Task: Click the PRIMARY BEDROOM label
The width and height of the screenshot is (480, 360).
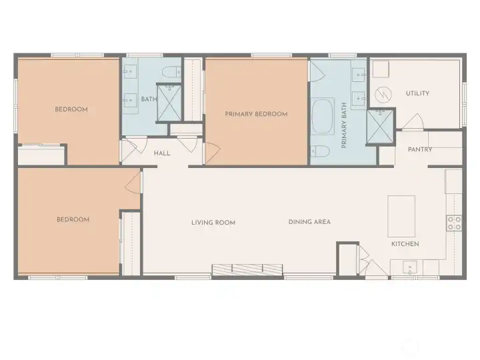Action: (256, 114)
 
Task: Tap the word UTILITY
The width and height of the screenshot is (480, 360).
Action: (417, 93)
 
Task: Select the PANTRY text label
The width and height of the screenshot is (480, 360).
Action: (420, 149)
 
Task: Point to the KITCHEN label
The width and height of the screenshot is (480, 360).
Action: (405, 244)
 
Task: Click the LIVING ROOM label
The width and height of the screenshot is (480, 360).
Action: (213, 223)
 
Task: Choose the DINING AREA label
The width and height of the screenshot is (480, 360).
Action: (309, 222)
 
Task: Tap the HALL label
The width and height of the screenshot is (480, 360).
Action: (162, 153)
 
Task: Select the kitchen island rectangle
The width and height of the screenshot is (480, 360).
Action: (402, 215)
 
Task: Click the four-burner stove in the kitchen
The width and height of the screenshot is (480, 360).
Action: (454, 223)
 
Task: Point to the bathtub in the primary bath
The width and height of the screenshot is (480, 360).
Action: (323, 117)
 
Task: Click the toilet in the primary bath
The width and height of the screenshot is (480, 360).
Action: (321, 151)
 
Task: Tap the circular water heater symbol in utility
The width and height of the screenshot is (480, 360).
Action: (382, 93)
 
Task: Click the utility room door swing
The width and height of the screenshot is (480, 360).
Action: (413, 122)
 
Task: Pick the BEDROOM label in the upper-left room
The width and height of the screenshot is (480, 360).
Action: (71, 109)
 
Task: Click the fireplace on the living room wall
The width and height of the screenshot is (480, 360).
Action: (247, 269)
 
